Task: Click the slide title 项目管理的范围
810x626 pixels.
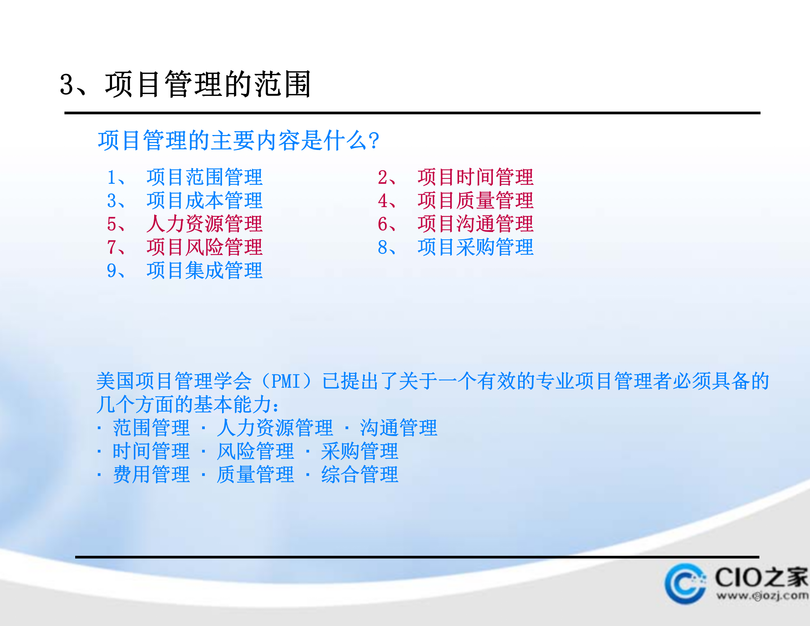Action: pos(207,84)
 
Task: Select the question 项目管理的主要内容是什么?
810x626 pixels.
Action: pos(238,140)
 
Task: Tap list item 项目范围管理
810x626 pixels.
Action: pos(204,177)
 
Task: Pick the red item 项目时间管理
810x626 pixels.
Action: pos(475,177)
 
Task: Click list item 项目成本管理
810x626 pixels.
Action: pos(204,201)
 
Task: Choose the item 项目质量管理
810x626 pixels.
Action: pos(475,201)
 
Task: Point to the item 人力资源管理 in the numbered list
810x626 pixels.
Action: pos(204,224)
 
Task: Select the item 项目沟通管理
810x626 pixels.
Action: pos(475,224)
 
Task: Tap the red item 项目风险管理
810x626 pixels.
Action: pos(204,247)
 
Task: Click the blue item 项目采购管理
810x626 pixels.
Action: pos(475,247)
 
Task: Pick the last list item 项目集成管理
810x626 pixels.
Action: pos(204,271)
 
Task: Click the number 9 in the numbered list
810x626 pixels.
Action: pos(112,271)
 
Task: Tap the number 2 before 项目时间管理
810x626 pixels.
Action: pos(383,177)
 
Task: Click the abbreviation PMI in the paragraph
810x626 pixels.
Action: pos(285,381)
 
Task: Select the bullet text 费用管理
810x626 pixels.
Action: pos(151,475)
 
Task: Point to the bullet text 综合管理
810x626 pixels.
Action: pos(360,475)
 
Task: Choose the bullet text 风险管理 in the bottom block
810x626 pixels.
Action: pos(255,451)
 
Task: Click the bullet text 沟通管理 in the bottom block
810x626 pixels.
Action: pos(398,428)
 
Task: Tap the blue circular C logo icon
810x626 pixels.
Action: pos(685,583)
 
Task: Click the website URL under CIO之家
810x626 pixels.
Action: pos(762,596)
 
